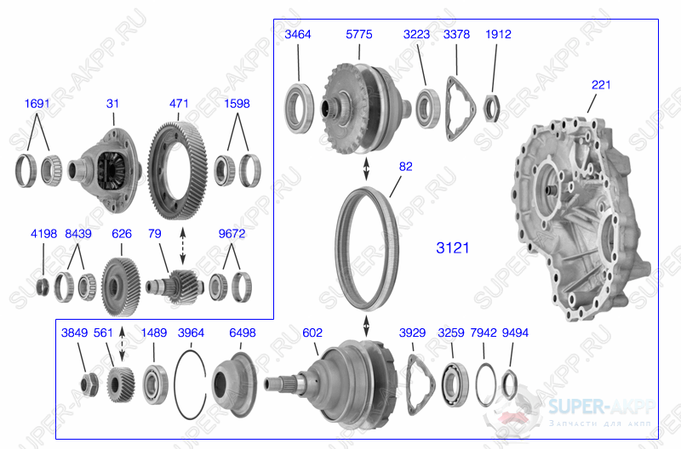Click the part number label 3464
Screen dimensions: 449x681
pyautogui.click(x=298, y=35)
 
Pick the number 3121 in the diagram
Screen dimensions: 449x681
pyautogui.click(x=453, y=248)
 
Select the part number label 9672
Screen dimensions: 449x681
pyautogui.click(x=232, y=232)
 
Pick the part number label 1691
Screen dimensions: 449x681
pyautogui.click(x=38, y=104)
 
